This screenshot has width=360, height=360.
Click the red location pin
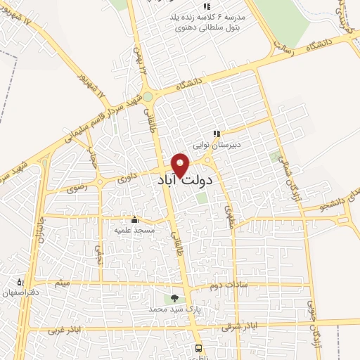(181, 165)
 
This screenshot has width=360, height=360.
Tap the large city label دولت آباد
(186, 180)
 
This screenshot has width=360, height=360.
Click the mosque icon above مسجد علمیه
(134, 219)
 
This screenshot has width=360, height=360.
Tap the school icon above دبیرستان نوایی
(217, 134)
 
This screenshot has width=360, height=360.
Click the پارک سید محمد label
(174, 309)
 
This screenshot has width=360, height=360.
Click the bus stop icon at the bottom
(198, 347)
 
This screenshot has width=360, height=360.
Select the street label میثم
(63, 283)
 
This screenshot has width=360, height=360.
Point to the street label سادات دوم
(225, 286)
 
